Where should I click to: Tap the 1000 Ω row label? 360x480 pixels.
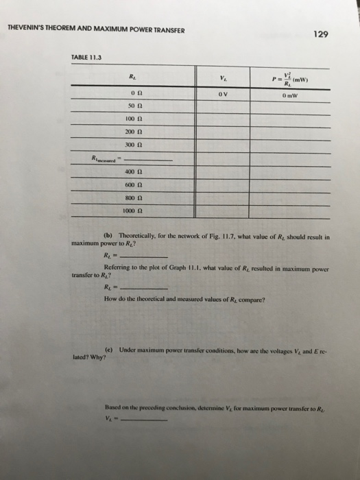click(134, 211)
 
